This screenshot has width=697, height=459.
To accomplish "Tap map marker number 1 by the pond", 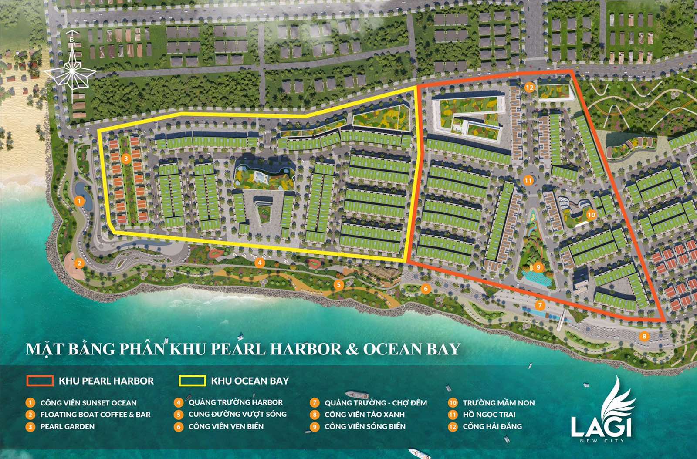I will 79,201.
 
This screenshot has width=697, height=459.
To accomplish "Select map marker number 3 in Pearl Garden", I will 126,159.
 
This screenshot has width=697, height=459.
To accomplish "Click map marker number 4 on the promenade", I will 260,263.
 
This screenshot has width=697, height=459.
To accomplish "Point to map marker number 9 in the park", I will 538,267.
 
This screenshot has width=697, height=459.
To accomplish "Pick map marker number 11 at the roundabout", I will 528,180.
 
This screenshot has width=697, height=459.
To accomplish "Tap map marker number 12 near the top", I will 529,87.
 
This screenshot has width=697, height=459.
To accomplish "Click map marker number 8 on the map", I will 644,336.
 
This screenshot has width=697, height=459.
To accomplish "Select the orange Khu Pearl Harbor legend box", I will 40,381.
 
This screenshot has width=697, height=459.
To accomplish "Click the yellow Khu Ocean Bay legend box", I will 192,381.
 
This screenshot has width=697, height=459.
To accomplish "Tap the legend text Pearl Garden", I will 68,426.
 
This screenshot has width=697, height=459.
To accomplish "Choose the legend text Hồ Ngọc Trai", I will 489,415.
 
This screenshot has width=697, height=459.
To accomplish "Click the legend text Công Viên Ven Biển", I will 226,426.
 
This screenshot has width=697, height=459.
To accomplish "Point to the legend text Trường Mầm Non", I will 498,403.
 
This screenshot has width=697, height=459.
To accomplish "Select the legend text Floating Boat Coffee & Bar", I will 95,415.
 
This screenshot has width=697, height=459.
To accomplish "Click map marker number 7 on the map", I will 540,305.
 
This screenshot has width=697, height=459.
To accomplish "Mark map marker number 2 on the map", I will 79,263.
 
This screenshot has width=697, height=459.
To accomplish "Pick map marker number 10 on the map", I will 591,215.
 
